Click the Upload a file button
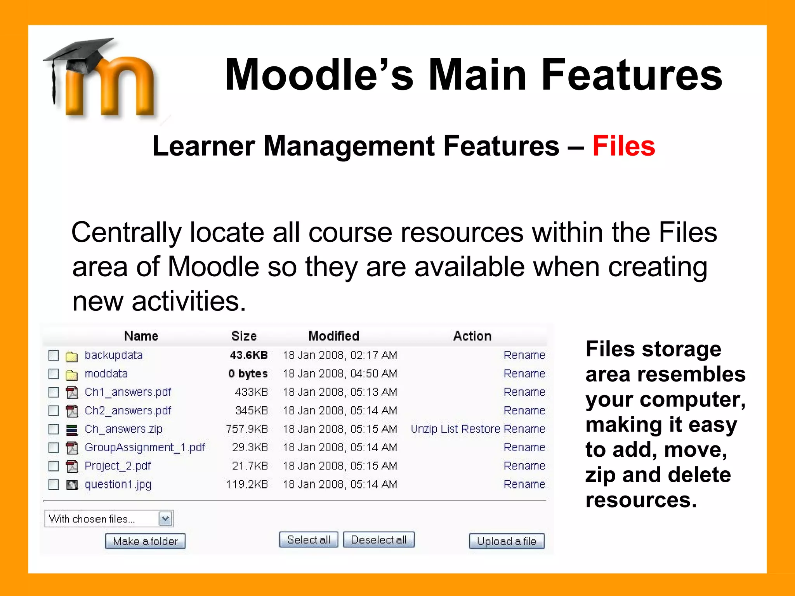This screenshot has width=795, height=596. pyautogui.click(x=507, y=541)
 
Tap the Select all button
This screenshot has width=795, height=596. pyautogui.click(x=309, y=540)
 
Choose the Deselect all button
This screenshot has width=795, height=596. pyautogui.click(x=378, y=540)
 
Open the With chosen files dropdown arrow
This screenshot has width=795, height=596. pyautogui.click(x=165, y=519)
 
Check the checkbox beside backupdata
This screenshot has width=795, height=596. pyautogui.click(x=54, y=355)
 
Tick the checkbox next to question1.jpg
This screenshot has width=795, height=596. pyautogui.click(x=54, y=485)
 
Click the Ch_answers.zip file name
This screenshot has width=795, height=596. pyautogui.click(x=123, y=429)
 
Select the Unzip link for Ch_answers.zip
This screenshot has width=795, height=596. pyautogui.click(x=424, y=429)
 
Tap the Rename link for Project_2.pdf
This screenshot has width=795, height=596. pyautogui.click(x=524, y=466)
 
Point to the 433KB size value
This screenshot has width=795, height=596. pyautogui.click(x=251, y=392)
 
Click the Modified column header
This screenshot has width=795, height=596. pyautogui.click(x=334, y=336)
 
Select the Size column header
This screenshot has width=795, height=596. pyautogui.click(x=244, y=336)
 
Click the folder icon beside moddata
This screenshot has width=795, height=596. pyautogui.click(x=72, y=374)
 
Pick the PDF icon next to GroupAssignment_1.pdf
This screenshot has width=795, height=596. pyautogui.click(x=72, y=448)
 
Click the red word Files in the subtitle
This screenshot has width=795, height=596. pyautogui.click(x=624, y=146)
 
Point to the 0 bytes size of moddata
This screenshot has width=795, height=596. pyautogui.click(x=248, y=374)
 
